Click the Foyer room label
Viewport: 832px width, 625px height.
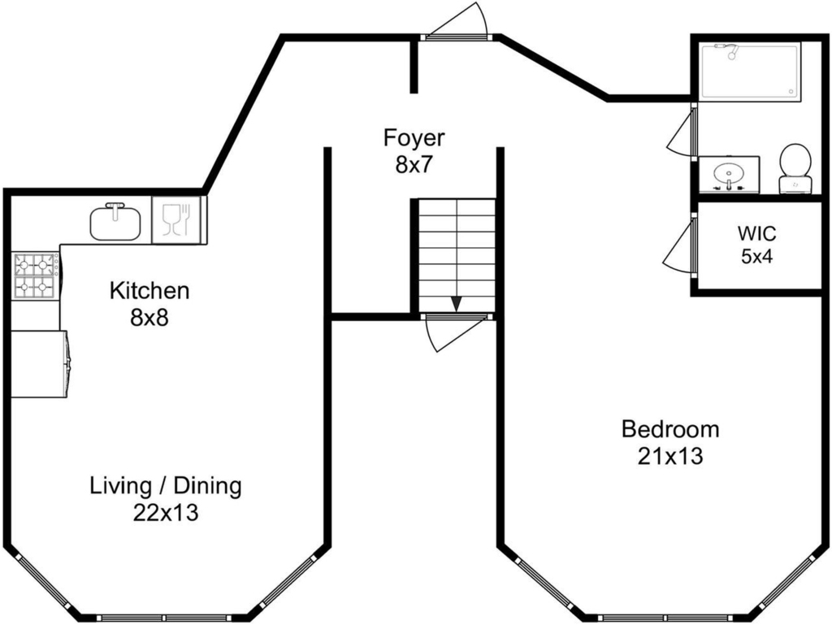[414, 138]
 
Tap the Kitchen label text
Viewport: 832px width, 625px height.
[149, 291]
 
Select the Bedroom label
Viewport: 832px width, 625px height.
[670, 428]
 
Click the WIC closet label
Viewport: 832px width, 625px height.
[756, 233]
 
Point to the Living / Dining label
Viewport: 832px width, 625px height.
[166, 486]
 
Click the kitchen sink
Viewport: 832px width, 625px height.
[115, 221]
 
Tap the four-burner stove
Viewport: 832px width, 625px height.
[36, 276]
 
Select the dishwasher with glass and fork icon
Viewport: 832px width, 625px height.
[176, 220]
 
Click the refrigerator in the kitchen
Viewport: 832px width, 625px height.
[40, 364]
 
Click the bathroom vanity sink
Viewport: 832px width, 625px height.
[729, 174]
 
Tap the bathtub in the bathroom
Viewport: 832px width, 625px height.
[750, 72]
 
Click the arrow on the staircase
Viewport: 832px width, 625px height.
[456, 303]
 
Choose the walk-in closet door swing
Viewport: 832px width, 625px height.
[678, 245]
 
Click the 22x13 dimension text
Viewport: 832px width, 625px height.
[166, 513]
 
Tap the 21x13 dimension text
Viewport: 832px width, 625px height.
[670, 456]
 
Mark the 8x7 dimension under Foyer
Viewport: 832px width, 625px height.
[414, 165]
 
